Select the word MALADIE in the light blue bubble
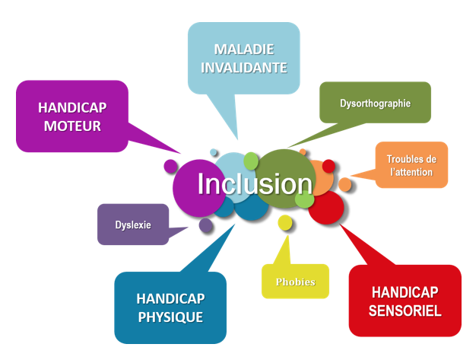click(x=244, y=49)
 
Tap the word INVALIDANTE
click(x=244, y=67)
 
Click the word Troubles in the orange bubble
click(x=411, y=159)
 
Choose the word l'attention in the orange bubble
click(x=411, y=172)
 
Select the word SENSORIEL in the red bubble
click(x=405, y=310)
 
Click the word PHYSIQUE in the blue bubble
click(x=170, y=317)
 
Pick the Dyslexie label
click(x=133, y=225)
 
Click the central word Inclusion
click(x=255, y=184)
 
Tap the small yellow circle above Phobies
click(x=285, y=222)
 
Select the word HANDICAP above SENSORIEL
click(x=405, y=292)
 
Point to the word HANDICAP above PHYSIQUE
click(x=170, y=298)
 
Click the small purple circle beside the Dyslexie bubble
click(x=205, y=225)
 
